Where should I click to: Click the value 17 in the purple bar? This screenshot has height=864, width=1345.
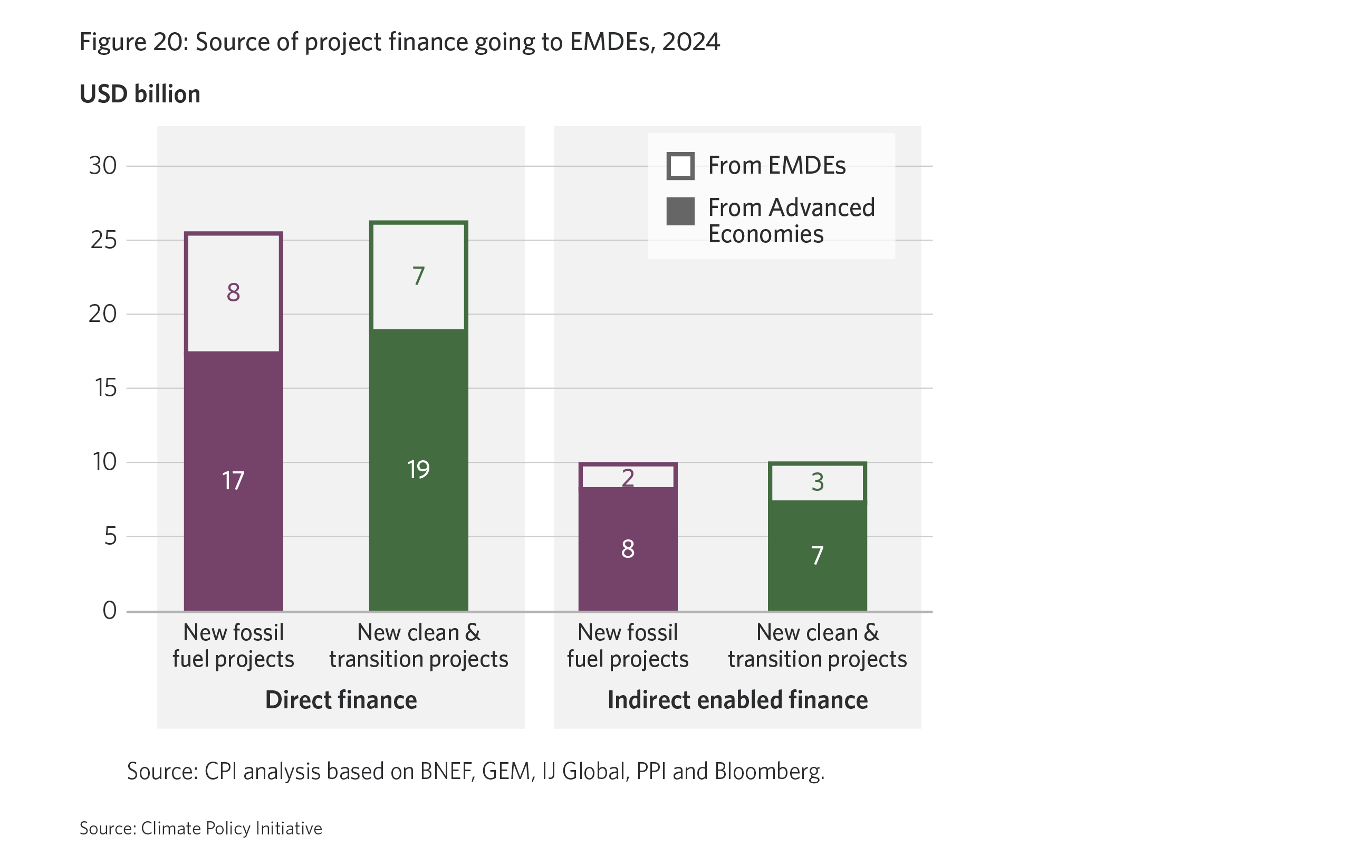point(233,481)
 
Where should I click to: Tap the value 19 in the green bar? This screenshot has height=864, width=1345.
point(418,470)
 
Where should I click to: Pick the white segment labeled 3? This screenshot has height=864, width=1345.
point(817,482)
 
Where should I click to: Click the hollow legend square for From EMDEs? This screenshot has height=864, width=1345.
point(680,166)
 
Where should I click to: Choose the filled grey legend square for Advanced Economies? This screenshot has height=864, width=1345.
point(680,211)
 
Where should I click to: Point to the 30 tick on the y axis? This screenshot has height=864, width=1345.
point(103,166)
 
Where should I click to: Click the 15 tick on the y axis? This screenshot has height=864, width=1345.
point(105,388)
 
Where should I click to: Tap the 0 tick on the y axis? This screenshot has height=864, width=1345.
point(109,610)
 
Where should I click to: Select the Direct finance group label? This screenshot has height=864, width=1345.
point(341,700)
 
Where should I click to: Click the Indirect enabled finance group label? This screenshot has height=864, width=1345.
point(737,700)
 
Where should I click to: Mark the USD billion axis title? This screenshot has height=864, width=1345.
point(140,94)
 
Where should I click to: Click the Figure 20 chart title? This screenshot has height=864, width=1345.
point(399,42)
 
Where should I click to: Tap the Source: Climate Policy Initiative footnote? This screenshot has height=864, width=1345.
point(201,828)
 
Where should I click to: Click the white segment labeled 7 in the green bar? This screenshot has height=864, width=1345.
point(418,276)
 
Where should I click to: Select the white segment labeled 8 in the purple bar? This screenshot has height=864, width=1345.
point(233,292)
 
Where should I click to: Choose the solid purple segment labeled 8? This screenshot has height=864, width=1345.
point(627,549)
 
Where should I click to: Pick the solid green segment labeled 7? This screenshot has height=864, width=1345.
point(817,555)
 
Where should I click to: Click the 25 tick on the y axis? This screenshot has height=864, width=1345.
point(104,240)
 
